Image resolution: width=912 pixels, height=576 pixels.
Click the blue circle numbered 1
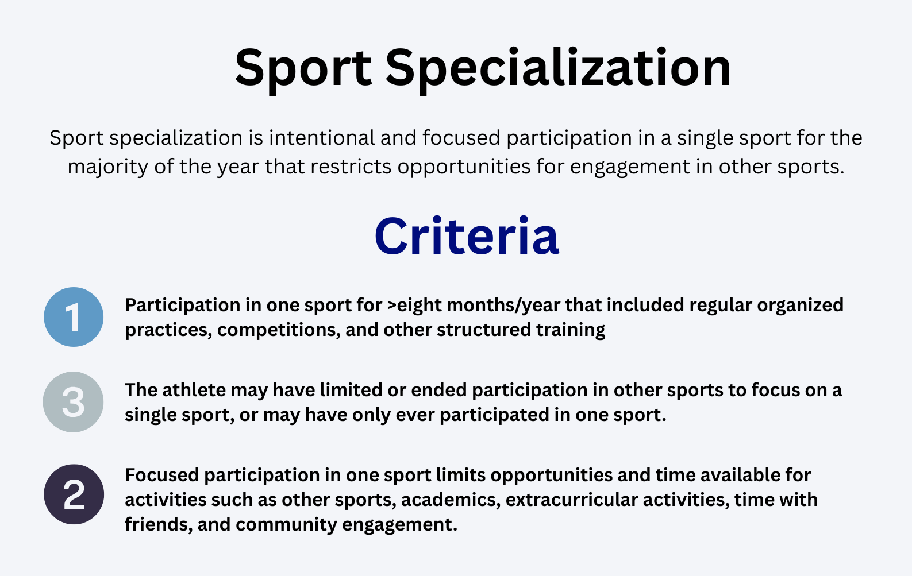(74, 317)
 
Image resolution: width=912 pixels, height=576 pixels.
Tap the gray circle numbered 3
(74, 402)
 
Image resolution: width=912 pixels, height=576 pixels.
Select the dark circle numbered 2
(74, 494)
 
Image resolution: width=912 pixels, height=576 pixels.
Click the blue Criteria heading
(467, 237)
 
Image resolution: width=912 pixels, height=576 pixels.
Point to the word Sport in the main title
(303, 69)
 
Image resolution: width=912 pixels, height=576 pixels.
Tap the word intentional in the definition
(322, 137)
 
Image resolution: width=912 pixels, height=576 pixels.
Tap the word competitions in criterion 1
(279, 330)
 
